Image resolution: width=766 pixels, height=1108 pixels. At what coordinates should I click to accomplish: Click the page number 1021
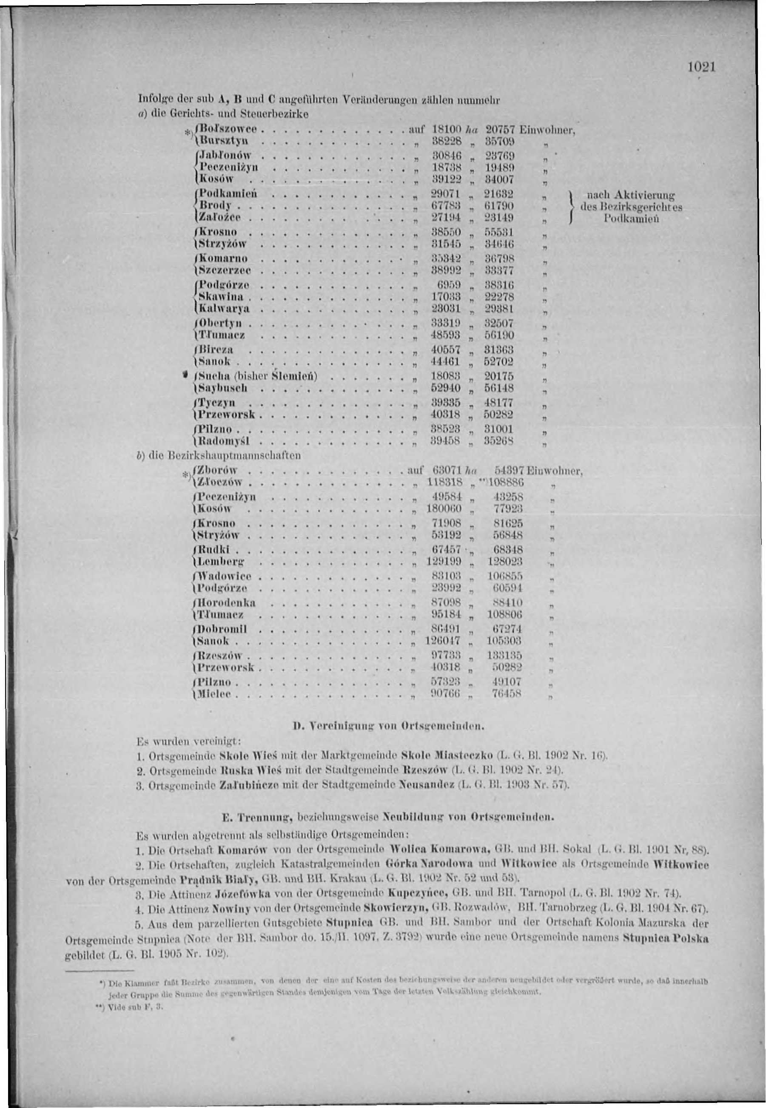(x=702, y=67)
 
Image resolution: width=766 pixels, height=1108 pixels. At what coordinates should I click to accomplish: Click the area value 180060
(x=444, y=509)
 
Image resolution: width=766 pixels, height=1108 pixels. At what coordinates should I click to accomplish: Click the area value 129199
(x=444, y=561)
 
